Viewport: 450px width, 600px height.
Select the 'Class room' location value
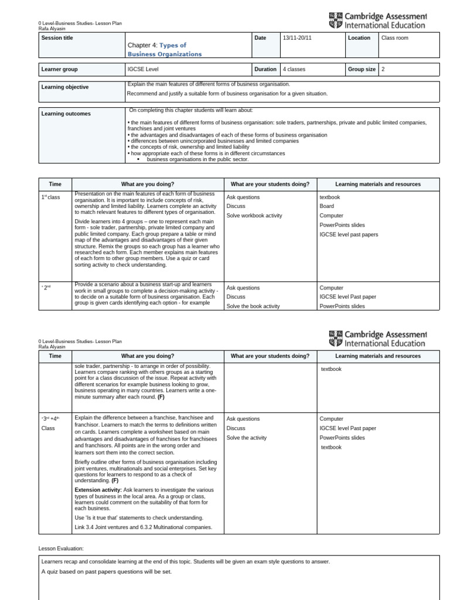click(x=396, y=38)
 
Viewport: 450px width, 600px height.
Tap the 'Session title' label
click(x=57, y=38)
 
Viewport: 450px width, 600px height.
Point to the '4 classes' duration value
click(x=294, y=69)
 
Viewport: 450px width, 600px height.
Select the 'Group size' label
click(x=362, y=69)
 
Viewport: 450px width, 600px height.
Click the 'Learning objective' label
click(x=65, y=87)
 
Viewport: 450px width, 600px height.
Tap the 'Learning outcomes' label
click(x=66, y=114)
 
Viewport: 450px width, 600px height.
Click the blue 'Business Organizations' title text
click(x=164, y=54)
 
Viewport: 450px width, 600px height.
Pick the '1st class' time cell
click(x=51, y=197)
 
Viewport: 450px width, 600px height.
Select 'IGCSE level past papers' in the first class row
click(x=349, y=234)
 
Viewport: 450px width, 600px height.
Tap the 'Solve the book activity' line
click(x=253, y=306)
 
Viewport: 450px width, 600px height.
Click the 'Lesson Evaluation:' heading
click(x=62, y=548)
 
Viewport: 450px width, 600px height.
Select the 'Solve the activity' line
click(x=247, y=438)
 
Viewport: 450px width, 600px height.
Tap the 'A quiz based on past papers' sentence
click(x=107, y=572)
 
